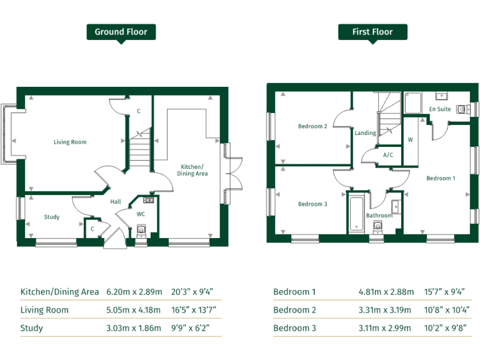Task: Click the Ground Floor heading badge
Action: pos(121,32)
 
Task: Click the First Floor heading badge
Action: pos(372,32)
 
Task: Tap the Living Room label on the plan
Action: pos(70,142)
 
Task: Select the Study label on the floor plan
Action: pos(52,217)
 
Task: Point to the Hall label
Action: pos(116,202)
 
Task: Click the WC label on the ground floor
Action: pos(141,214)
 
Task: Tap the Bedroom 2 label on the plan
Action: pos(312,126)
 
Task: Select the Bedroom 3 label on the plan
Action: pos(312,204)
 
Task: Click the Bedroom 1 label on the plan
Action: pos(441,178)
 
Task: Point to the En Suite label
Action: pos(439,109)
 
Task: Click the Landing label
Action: pos(366,132)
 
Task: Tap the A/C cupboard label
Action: pos(387,154)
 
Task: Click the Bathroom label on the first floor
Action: pos(379,216)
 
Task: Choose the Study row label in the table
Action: pos(32,328)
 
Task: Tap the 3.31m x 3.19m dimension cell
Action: pos(385,310)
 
